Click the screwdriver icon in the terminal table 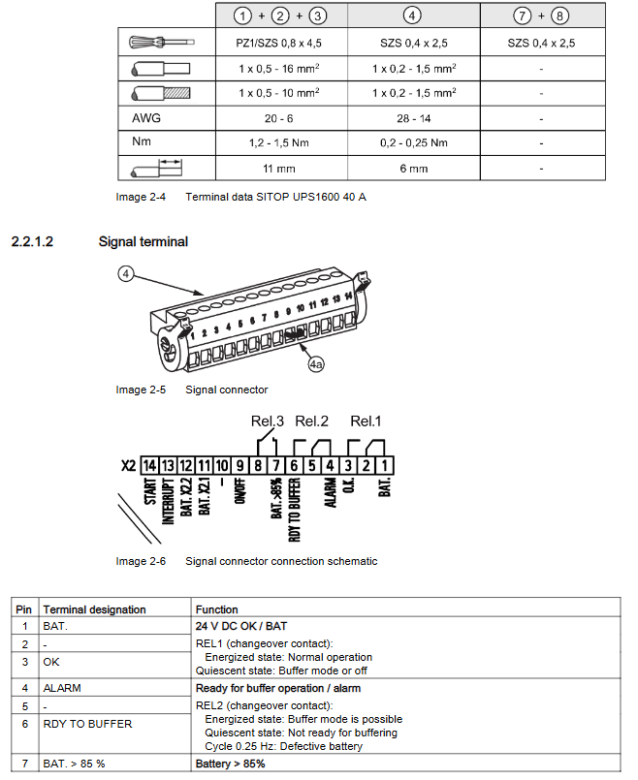161,44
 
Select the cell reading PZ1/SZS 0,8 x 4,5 279,44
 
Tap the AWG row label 146,118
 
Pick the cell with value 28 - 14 414,118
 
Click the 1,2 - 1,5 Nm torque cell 279,143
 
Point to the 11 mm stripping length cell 279,168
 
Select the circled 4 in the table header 413,16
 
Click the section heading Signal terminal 143,241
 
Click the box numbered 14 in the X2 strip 150,465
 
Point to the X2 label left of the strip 127,465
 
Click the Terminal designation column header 94,609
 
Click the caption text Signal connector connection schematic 281,561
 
